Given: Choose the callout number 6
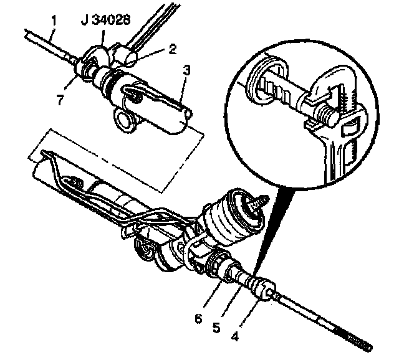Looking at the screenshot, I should [x=198, y=318].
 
